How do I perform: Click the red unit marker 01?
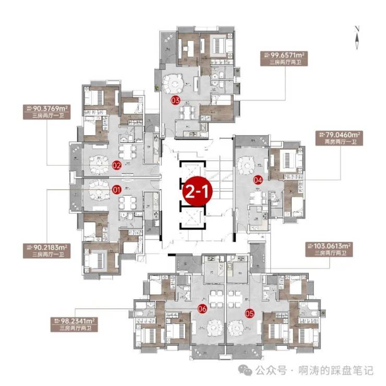point(116,189)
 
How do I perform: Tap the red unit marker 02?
point(116,165)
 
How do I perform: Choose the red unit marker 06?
point(202,309)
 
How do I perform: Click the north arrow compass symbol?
point(356,38)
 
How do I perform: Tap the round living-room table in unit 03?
point(175,83)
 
